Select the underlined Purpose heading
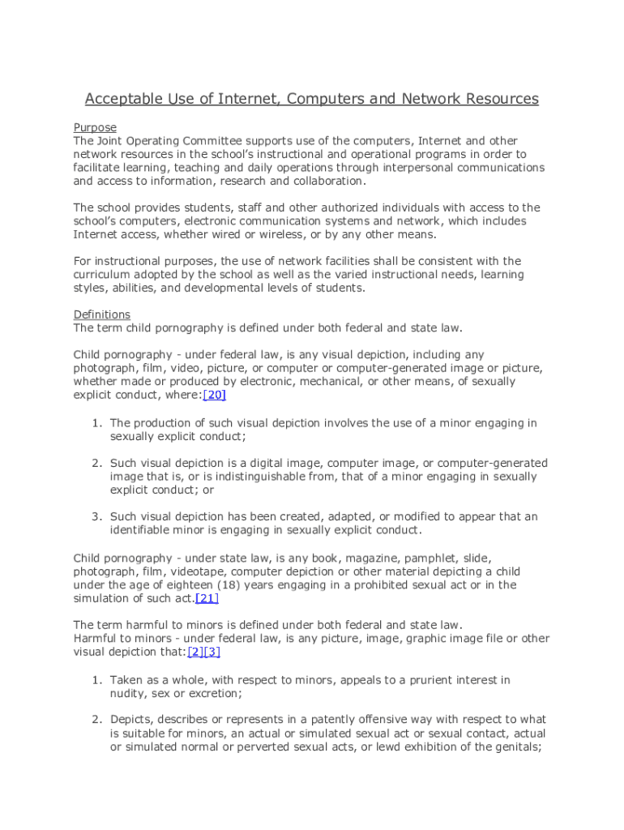[95, 127]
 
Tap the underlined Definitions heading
[101, 314]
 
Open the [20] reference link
[214, 395]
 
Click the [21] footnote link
[207, 598]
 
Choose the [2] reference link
[195, 652]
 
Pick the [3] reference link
[212, 652]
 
